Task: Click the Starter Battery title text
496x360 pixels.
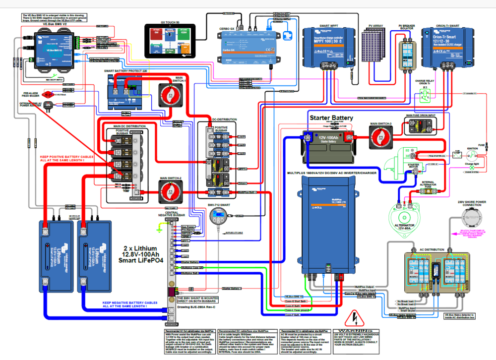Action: point(331,118)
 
